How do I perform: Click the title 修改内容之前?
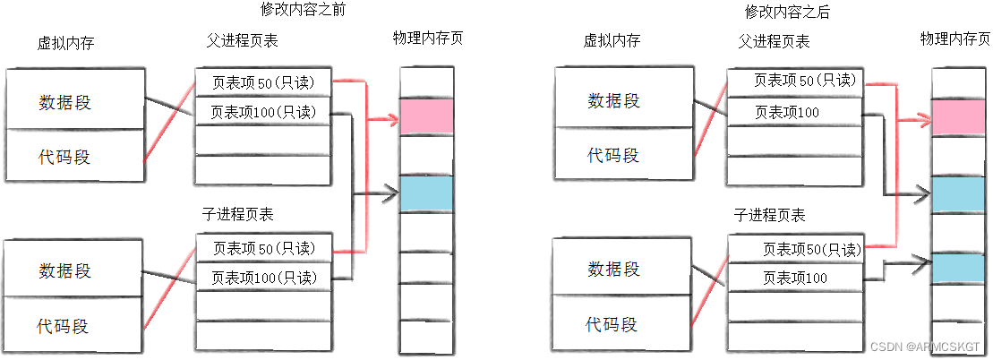[302, 12]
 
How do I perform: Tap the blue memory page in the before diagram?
[427, 193]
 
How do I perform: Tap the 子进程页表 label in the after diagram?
[769, 215]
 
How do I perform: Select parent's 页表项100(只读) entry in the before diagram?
[263, 112]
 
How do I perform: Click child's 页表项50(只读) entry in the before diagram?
[263, 247]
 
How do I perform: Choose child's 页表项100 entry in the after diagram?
[795, 278]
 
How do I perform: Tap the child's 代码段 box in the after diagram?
[613, 323]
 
